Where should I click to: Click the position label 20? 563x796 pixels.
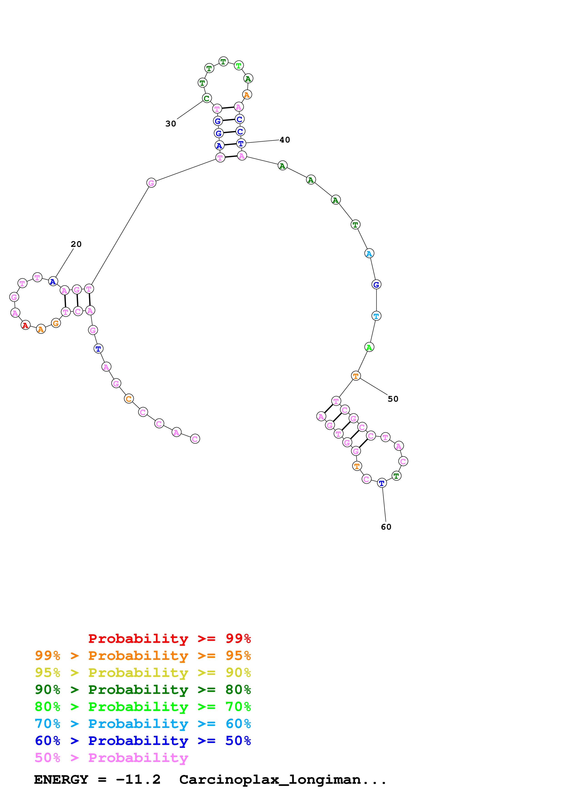pos(76,244)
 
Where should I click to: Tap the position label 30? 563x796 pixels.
pos(171,124)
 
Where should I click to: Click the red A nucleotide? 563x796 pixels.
pos(25,325)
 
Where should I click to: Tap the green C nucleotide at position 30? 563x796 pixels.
pos(207,98)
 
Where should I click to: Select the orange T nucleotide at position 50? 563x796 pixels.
pos(356,376)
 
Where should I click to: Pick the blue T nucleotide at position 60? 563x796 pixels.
pos(382,483)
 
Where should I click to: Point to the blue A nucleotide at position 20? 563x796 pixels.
pos(53,282)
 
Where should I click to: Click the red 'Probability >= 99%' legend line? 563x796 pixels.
pos(169,638)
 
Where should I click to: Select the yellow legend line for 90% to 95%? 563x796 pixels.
pos(143,672)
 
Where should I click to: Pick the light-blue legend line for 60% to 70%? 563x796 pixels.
pos(143,724)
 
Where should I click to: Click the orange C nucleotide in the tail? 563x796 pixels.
pos(129,399)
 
